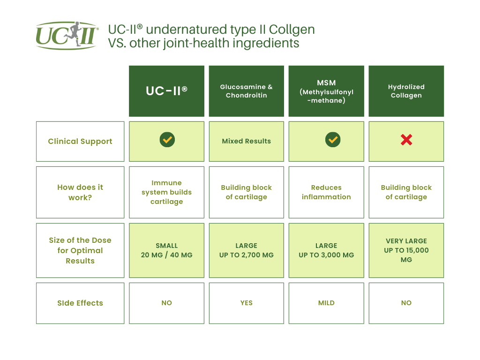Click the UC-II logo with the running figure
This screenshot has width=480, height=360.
pos(67,36)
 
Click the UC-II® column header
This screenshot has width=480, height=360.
pos(166,91)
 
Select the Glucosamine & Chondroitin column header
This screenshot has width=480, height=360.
pos(247,91)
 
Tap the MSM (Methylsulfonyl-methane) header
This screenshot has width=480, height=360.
pos(326,91)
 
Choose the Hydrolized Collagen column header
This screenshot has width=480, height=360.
pos(406,91)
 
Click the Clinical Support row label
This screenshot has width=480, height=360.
pos(80,142)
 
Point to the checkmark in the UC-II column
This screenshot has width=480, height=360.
pos(167,140)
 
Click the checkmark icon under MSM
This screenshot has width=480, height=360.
pos(333,140)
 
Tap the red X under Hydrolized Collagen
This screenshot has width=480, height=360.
pos(406,140)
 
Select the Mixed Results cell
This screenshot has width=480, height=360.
pos(247,142)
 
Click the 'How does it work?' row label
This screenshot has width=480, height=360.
pos(80,192)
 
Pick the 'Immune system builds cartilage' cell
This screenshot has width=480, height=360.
pos(166,192)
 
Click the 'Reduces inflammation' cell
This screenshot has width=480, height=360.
pos(326,192)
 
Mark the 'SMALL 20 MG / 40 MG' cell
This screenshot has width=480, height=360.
pos(166,250)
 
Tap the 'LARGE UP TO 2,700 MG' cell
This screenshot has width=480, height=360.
pos(247,250)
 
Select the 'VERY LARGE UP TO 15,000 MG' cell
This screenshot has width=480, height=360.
pos(406,250)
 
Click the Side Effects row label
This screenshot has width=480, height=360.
pos(80,303)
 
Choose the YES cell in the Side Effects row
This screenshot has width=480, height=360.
pos(247,303)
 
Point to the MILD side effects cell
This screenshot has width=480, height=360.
pos(326,303)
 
